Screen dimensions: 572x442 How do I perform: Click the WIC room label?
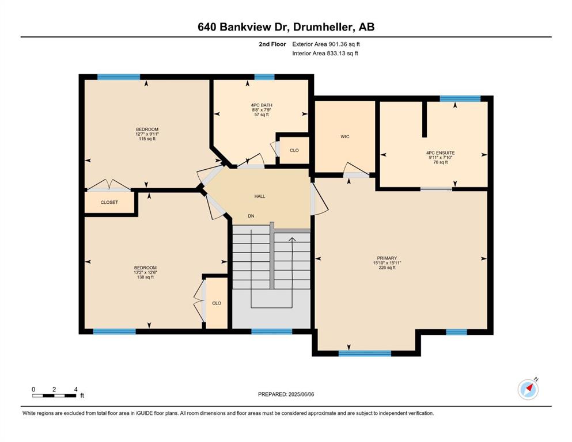344,136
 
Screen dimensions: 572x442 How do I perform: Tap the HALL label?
260,196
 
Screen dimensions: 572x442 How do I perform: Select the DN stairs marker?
251,216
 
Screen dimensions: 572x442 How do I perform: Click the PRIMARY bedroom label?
387,258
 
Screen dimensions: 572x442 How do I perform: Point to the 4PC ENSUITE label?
440,153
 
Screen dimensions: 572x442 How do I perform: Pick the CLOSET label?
109,202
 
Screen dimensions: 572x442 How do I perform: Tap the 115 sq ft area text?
147,139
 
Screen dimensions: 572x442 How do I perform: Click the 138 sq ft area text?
145,277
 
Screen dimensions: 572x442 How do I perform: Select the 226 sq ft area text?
387,268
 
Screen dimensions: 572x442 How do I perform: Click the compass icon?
528,389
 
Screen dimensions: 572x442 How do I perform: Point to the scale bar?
54,395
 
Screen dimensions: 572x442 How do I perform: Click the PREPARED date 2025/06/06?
301,394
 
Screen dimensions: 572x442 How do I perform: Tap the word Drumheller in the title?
324,27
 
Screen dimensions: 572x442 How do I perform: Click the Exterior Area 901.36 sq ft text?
326,44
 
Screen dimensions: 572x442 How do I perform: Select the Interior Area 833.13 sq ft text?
325,53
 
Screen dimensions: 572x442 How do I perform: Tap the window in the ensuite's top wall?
460,98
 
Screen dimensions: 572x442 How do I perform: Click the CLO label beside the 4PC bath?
294,150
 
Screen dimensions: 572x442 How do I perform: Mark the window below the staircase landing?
272,331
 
